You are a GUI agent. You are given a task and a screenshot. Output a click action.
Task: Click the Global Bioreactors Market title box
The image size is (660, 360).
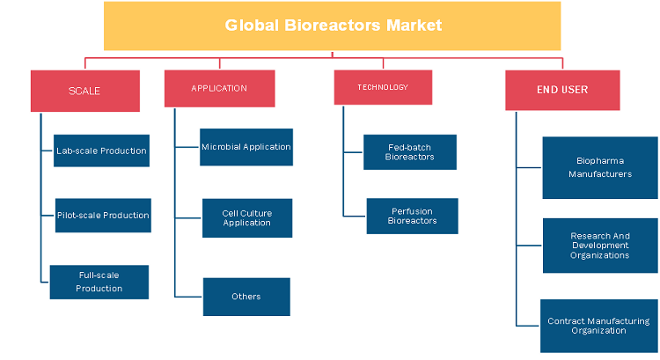[x=332, y=26]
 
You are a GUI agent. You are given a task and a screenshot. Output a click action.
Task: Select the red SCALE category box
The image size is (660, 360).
[x=85, y=91]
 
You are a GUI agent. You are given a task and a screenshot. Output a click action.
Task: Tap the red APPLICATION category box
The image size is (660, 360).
[x=220, y=88]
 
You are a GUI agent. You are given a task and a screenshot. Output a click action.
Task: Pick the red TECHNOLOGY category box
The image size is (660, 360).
[x=383, y=87]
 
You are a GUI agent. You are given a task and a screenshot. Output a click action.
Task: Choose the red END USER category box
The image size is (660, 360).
[x=562, y=90]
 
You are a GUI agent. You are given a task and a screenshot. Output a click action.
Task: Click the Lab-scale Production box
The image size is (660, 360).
[x=101, y=151]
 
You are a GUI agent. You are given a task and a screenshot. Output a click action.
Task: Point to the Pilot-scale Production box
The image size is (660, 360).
[x=103, y=216]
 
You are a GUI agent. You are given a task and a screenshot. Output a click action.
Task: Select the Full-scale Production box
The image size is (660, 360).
[x=99, y=283]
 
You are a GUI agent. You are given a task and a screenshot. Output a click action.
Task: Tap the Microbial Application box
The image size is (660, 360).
[x=246, y=147]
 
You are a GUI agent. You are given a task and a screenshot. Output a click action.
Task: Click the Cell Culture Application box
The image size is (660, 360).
[x=247, y=218]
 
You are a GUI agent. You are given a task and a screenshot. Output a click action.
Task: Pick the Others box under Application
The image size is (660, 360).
[x=246, y=297]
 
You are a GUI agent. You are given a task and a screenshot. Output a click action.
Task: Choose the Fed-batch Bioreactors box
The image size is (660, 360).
[x=410, y=152]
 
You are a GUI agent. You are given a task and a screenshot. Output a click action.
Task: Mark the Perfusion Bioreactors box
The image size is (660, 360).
[x=413, y=216]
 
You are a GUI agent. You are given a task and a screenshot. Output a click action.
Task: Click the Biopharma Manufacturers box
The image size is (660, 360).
[x=600, y=167]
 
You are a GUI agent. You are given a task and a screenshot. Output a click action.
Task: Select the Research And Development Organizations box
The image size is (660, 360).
[x=600, y=246]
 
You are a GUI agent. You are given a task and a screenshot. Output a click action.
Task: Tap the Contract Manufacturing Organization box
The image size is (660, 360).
[x=599, y=326]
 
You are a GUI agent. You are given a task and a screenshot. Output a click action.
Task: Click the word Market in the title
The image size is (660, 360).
[x=414, y=26]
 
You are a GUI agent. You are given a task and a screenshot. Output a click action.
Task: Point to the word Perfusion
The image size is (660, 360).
[x=412, y=211]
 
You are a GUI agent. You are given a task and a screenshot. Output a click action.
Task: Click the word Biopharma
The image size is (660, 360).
[x=600, y=161]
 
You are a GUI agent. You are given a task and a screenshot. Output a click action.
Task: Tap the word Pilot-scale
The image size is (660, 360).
[x=78, y=215]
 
